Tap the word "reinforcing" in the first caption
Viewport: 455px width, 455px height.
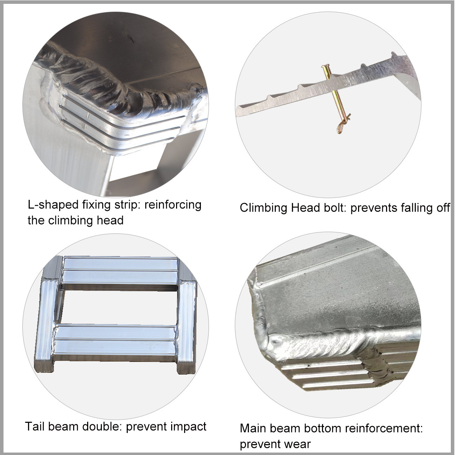click(x=173, y=204)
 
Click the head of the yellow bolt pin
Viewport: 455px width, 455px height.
click(x=325, y=68)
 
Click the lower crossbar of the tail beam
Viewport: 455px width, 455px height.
click(x=116, y=337)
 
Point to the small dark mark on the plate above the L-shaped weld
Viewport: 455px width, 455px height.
click(x=131, y=38)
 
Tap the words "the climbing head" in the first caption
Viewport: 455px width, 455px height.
click(x=76, y=220)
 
